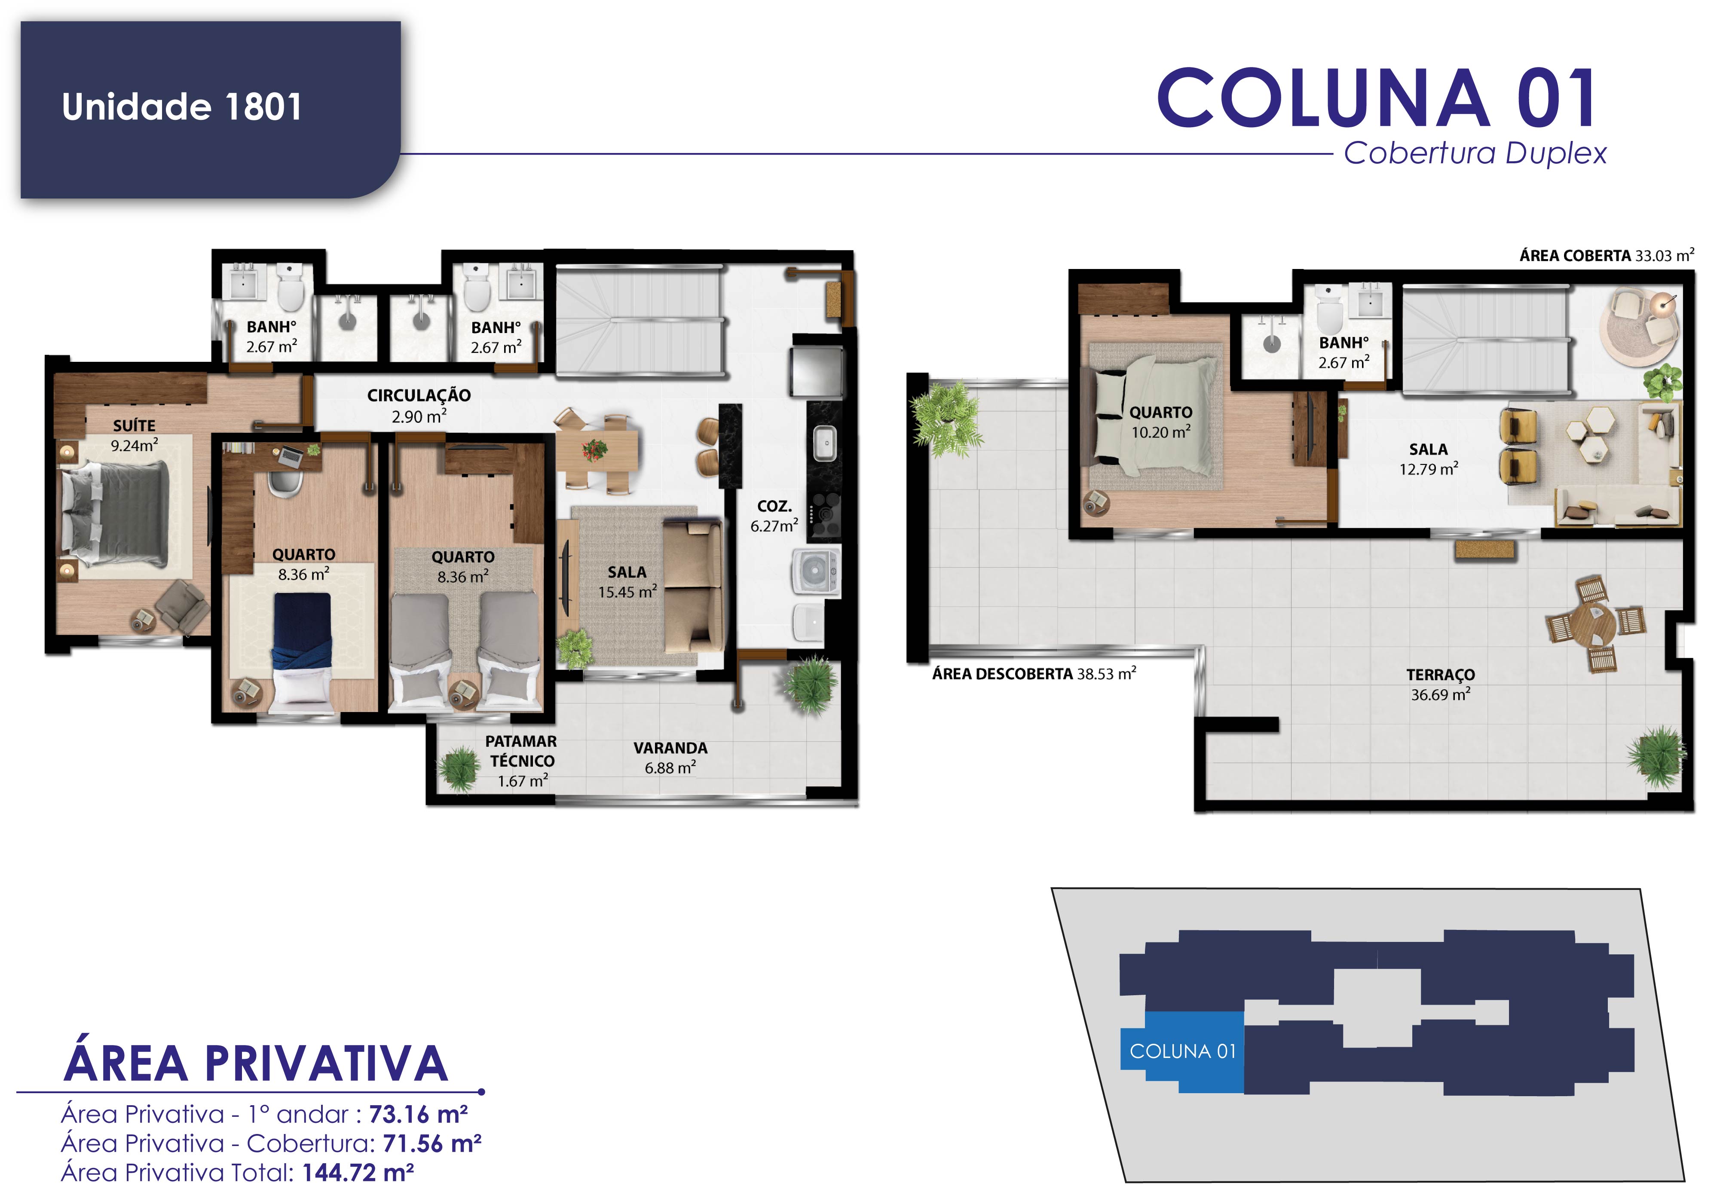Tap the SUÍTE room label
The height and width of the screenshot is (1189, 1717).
(x=134, y=425)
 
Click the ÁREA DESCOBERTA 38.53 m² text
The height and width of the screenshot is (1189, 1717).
(x=1034, y=673)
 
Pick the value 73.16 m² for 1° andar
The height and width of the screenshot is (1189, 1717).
(x=418, y=1115)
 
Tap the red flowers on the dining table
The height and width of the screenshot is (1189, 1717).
(x=594, y=449)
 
